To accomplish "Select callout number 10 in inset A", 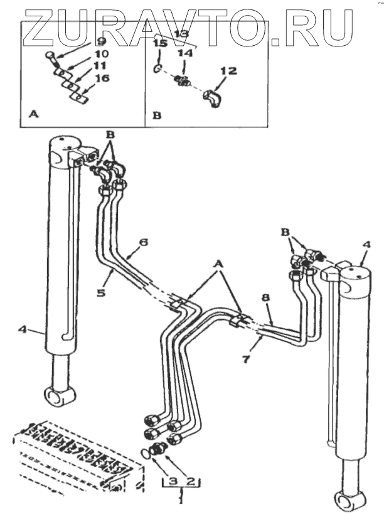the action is pyautogui.click(x=101, y=53).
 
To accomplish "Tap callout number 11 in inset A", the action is pyautogui.click(x=99, y=65).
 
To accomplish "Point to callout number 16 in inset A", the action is pyautogui.click(x=102, y=78).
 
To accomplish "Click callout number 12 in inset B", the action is pyautogui.click(x=229, y=70).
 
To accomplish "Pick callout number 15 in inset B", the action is pyautogui.click(x=159, y=43).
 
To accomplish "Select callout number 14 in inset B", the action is pyautogui.click(x=185, y=53).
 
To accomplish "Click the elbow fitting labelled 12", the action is pyautogui.click(x=212, y=98).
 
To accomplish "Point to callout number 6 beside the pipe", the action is pyautogui.click(x=143, y=242).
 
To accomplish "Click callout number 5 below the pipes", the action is pyautogui.click(x=101, y=293).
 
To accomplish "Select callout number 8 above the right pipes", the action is pyautogui.click(x=265, y=297).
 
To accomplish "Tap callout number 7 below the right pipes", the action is pyautogui.click(x=246, y=360).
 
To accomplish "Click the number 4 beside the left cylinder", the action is pyautogui.click(x=22, y=329).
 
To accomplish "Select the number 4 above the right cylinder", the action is pyautogui.click(x=366, y=245).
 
